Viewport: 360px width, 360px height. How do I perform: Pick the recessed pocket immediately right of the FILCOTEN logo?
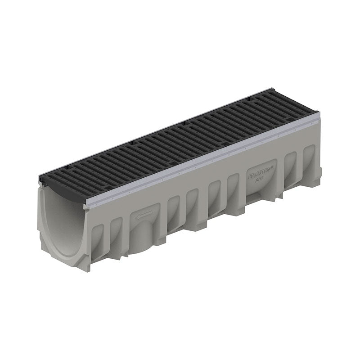click(290, 164)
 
